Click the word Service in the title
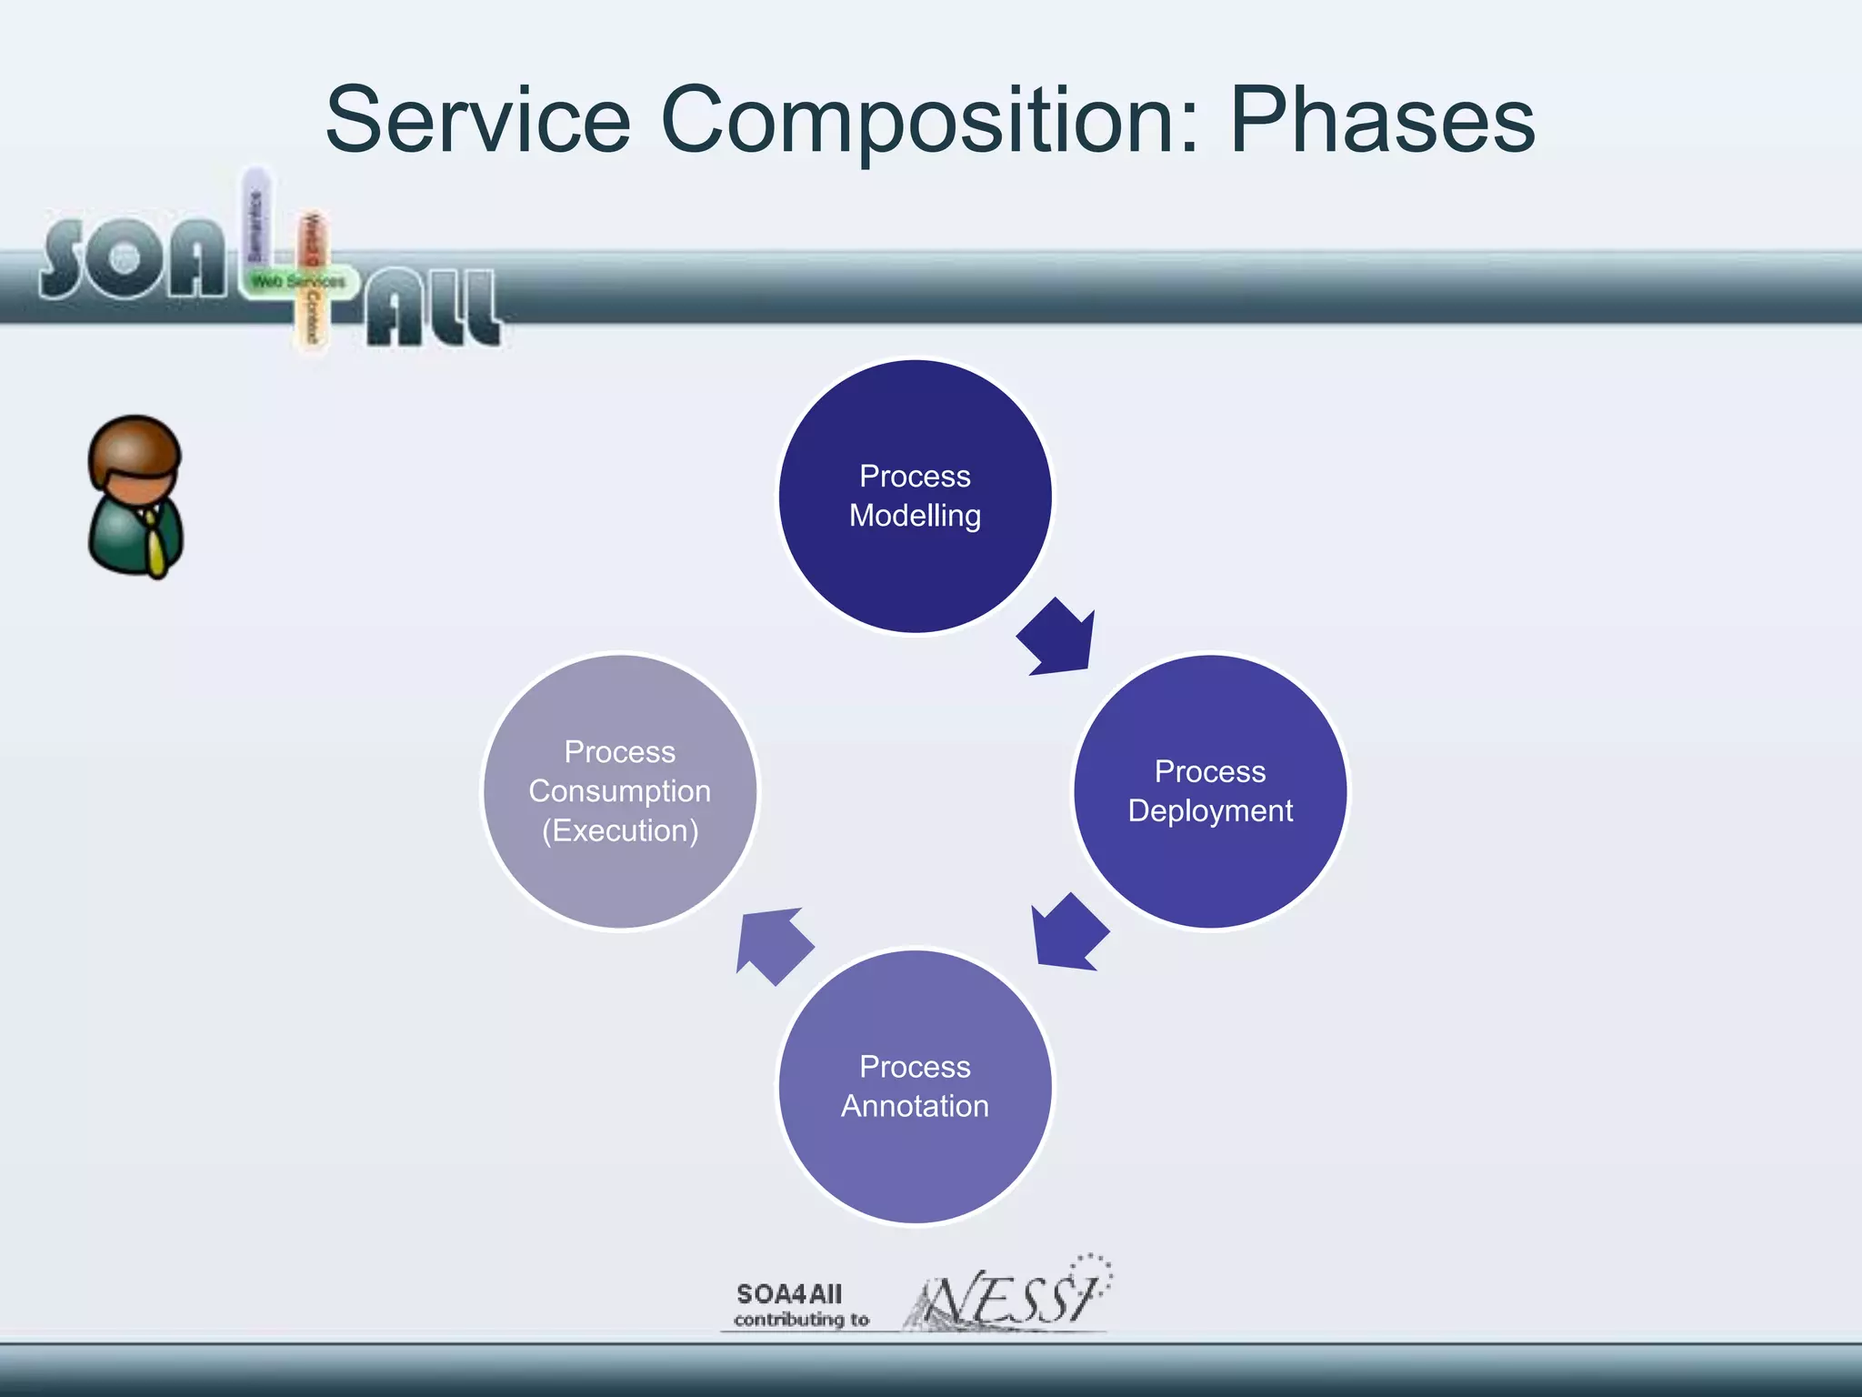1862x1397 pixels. [478, 120]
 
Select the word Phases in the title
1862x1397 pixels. [1382, 120]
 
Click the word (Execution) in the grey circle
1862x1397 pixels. [620, 830]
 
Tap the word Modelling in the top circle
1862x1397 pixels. [916, 516]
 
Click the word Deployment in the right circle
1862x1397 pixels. [1210, 810]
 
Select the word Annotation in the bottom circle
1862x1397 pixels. [916, 1106]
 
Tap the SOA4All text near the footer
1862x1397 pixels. [789, 1293]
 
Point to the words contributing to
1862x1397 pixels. [801, 1320]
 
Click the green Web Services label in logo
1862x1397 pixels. [298, 282]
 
